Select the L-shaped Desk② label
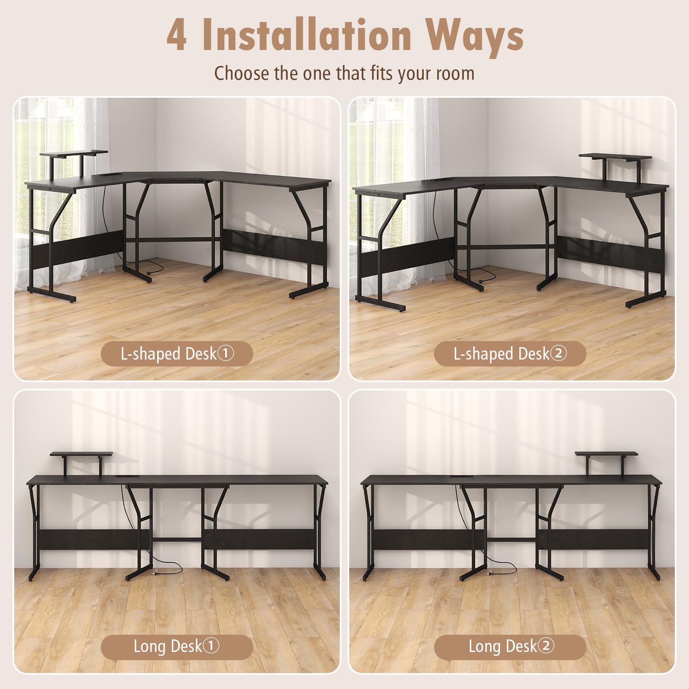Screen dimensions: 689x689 (510, 354)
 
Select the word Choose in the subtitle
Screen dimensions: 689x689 (242, 73)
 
